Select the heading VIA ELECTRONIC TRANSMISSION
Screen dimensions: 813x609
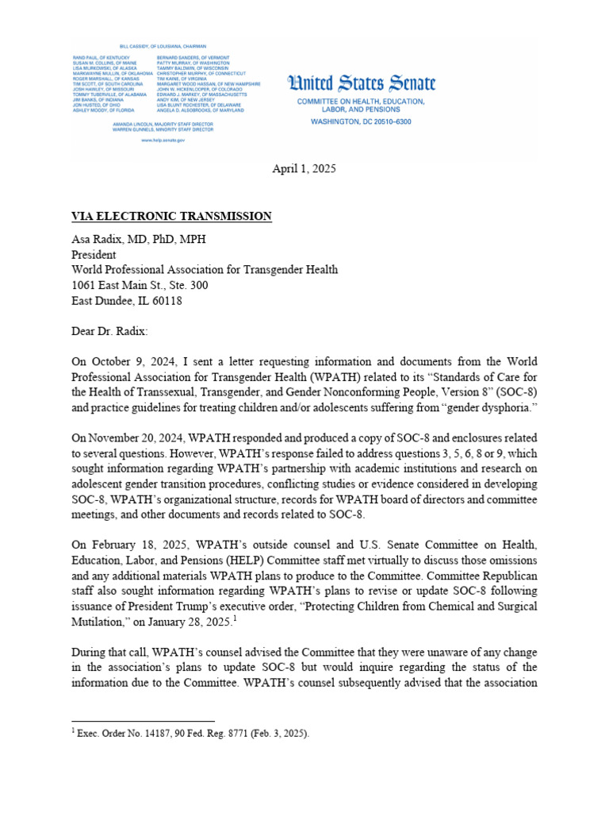coord(172,217)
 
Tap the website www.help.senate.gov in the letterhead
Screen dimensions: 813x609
coord(163,140)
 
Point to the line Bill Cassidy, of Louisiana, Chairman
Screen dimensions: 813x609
coord(162,47)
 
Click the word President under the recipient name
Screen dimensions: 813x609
coord(94,255)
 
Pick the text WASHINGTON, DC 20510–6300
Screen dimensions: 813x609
coord(361,121)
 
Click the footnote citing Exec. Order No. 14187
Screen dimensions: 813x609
coord(190,734)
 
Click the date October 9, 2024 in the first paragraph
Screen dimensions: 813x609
coord(136,361)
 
